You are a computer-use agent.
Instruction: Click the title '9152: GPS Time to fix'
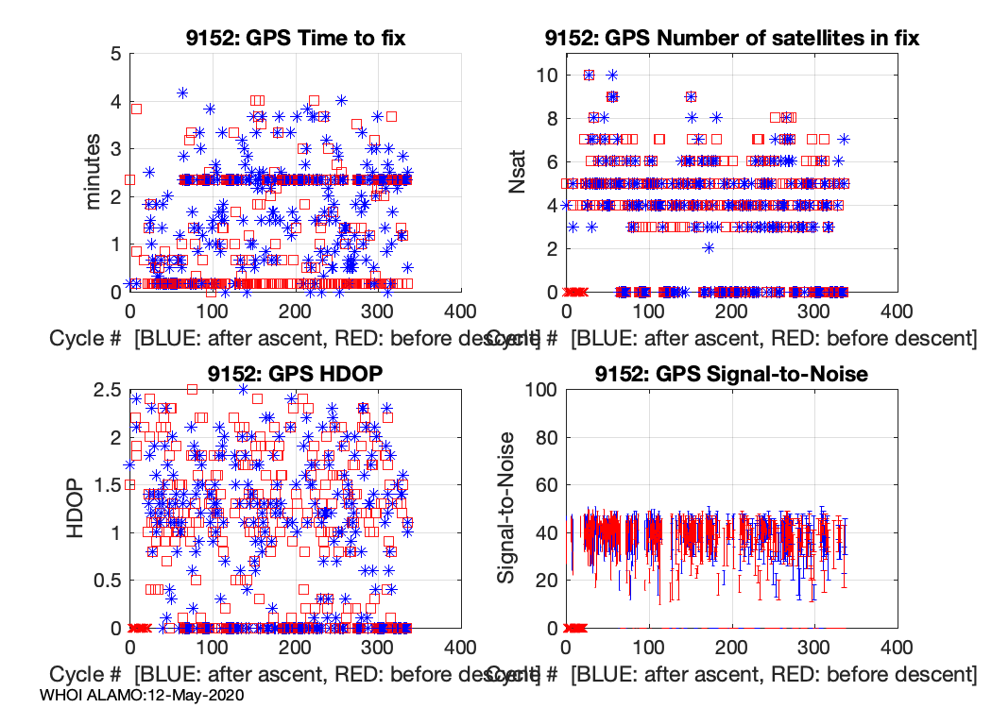[295, 38]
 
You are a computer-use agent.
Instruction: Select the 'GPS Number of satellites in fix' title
[732, 38]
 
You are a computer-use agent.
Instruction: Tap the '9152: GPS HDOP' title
[295, 374]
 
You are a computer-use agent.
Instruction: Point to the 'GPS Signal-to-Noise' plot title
[732, 374]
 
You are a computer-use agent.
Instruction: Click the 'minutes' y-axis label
[94, 173]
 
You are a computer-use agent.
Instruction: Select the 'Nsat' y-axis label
[518, 173]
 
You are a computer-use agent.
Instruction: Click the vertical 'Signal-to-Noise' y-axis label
[507, 509]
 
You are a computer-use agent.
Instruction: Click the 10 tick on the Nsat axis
[547, 76]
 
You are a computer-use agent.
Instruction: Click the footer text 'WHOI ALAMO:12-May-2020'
[143, 695]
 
